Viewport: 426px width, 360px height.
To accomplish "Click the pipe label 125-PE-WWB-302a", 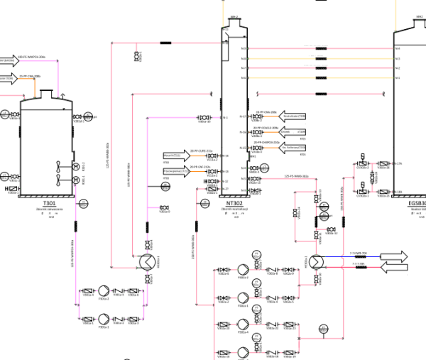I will pos(295,176).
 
